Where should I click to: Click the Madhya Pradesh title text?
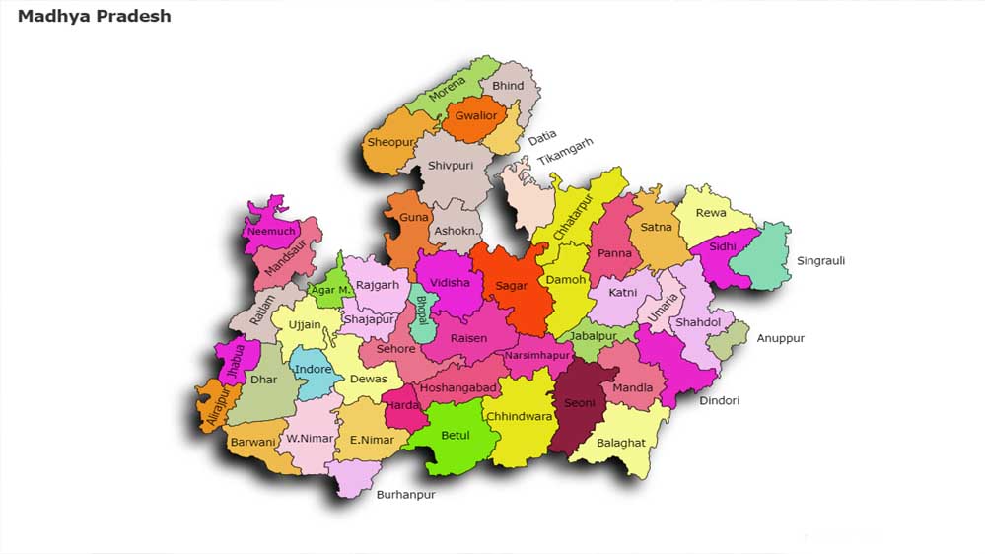coord(95,16)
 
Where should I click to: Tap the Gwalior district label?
coord(476,116)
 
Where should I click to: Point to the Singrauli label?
coord(820,261)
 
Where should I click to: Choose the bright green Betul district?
coord(455,436)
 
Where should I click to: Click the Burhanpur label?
coord(405,495)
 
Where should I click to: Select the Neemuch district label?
coord(271,232)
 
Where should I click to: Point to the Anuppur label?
coord(780,338)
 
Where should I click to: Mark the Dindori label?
coord(719,400)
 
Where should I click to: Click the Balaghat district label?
coord(621,444)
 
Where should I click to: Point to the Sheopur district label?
coord(388,142)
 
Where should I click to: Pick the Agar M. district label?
coord(329,290)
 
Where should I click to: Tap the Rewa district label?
coord(711,213)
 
